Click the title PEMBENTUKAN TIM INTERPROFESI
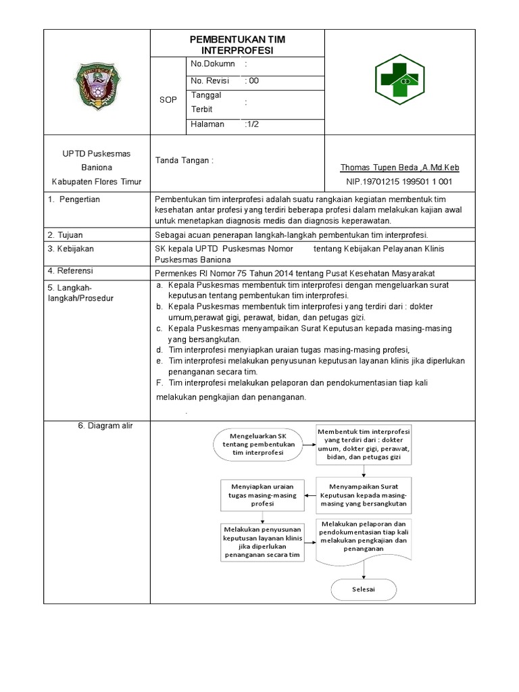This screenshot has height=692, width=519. (x=237, y=45)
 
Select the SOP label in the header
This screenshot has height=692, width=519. (x=168, y=99)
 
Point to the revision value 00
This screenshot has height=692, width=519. (x=252, y=81)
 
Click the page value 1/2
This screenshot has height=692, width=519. (x=251, y=124)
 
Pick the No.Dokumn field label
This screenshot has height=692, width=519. (x=213, y=64)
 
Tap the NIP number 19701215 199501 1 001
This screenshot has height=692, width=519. (x=400, y=182)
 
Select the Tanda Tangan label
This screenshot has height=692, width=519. (x=184, y=161)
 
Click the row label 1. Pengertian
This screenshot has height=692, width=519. (x=74, y=200)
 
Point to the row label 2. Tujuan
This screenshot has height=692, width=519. (x=66, y=235)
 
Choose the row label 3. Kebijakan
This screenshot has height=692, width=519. (x=71, y=249)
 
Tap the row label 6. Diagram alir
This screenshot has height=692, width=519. (x=105, y=426)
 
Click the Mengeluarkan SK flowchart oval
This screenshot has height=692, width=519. (x=258, y=445)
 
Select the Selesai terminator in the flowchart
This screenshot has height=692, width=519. (x=363, y=589)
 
